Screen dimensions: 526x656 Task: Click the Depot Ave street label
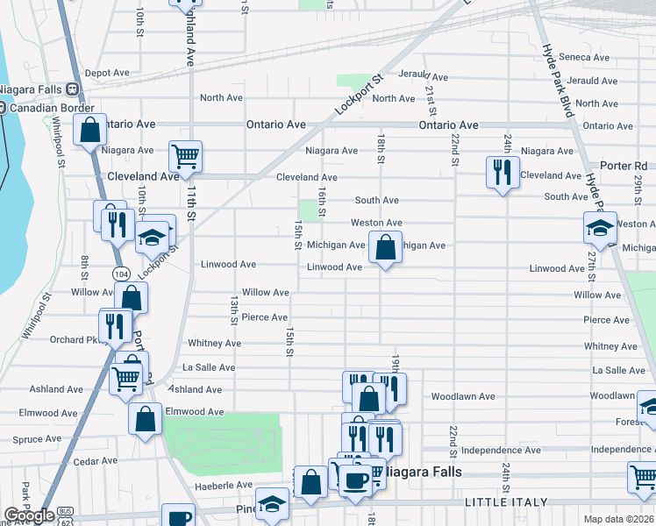pos(106,73)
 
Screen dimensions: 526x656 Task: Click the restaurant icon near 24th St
pos(502,172)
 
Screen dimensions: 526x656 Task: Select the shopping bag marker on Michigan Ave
pos(385,247)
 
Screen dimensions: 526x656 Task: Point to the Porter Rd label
pos(624,166)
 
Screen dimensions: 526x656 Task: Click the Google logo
pos(29,515)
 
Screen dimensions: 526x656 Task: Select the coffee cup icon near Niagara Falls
pos(356,480)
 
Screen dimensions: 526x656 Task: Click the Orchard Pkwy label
pos(74,340)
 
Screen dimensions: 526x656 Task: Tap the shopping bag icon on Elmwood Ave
pos(145,419)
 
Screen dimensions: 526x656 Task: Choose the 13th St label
pos(234,309)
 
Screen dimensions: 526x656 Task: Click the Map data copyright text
pos(618,519)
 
